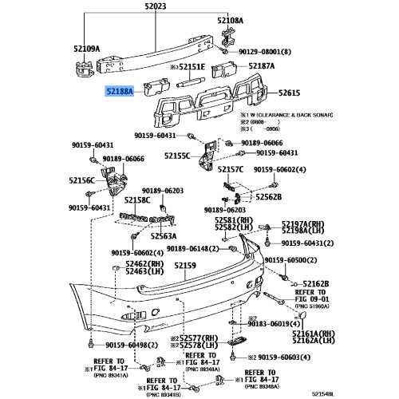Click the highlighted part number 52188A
point(118,93)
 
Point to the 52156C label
point(81,180)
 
